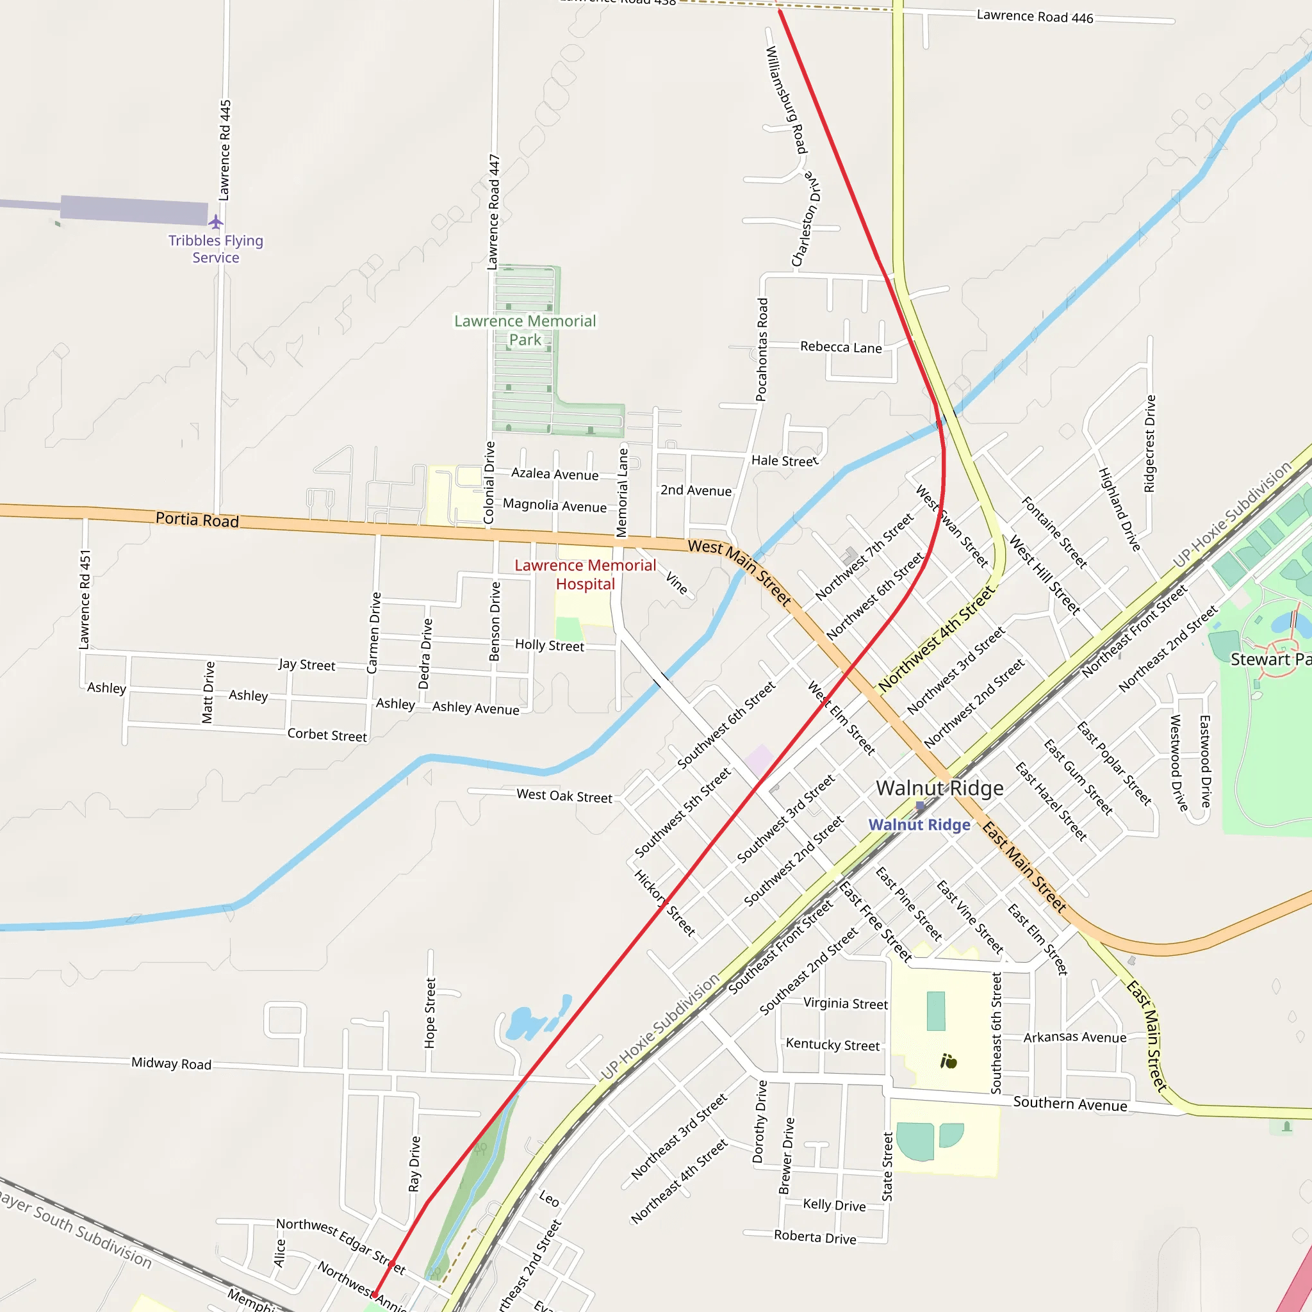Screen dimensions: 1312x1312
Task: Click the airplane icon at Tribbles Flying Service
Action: click(215, 222)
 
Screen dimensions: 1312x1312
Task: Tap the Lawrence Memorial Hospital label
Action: click(585, 575)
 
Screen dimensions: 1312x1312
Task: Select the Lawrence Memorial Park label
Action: click(525, 330)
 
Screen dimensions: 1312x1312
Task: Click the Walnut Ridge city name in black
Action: click(939, 788)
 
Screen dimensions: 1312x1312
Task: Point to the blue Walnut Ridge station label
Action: click(919, 824)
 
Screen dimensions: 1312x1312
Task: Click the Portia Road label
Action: click(197, 520)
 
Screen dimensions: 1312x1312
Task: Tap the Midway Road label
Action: click(171, 1063)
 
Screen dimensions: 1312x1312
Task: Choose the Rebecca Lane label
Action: click(840, 347)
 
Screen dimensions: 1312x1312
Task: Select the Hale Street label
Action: click(784, 461)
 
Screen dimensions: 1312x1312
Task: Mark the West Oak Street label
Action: click(564, 795)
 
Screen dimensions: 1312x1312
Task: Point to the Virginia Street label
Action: click(846, 1003)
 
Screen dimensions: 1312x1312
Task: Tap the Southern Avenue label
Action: click(1070, 1104)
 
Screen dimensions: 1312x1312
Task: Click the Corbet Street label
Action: click(327, 735)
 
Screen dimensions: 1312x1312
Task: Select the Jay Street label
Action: click(306, 664)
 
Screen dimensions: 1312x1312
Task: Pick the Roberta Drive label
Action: click(815, 1236)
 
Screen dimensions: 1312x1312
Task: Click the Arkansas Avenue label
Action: click(1074, 1037)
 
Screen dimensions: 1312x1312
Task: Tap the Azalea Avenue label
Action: click(555, 474)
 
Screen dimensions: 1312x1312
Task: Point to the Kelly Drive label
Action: click(834, 1205)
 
